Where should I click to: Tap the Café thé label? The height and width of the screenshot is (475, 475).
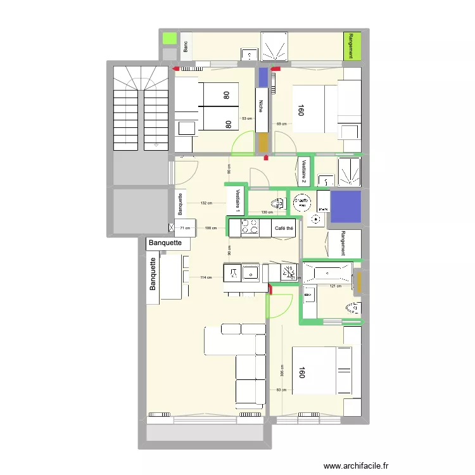(x=284, y=229)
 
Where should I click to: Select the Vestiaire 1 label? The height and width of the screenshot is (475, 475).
(x=237, y=200)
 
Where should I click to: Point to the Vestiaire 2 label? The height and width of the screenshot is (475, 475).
(x=304, y=171)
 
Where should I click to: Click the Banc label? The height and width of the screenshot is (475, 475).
(x=186, y=46)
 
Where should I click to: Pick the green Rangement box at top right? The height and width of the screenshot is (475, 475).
(x=351, y=46)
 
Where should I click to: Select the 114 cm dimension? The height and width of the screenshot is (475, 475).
(x=205, y=277)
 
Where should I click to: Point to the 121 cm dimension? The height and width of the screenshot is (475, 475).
(x=336, y=286)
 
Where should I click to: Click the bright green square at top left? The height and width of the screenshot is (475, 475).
(x=170, y=38)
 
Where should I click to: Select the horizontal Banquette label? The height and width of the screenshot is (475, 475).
(x=165, y=243)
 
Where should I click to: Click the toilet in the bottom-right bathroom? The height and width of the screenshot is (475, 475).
(x=352, y=308)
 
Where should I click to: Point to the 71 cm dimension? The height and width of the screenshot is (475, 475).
(x=184, y=228)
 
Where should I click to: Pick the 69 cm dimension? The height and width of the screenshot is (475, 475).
(x=281, y=123)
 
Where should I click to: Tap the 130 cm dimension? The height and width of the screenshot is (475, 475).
(x=266, y=212)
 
